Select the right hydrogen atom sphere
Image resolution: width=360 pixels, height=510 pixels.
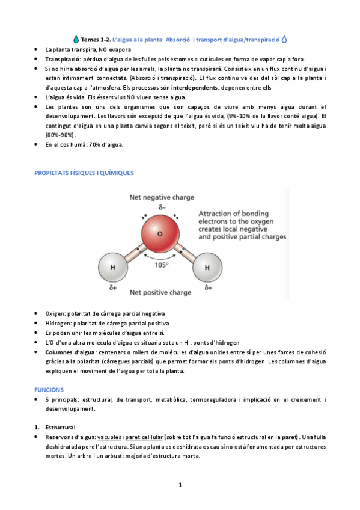pyautogui.click(x=207, y=267)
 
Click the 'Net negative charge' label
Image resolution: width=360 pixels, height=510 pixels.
pyautogui.click(x=160, y=197)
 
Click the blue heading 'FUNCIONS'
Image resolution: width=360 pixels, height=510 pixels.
pyautogui.click(x=49, y=390)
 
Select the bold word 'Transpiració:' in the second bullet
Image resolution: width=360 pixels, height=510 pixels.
pyautogui.click(x=63, y=59)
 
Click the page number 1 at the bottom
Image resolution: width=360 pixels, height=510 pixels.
pyautogui.click(x=180, y=484)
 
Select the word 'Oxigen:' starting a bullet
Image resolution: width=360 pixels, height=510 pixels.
pyautogui.click(x=57, y=314)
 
